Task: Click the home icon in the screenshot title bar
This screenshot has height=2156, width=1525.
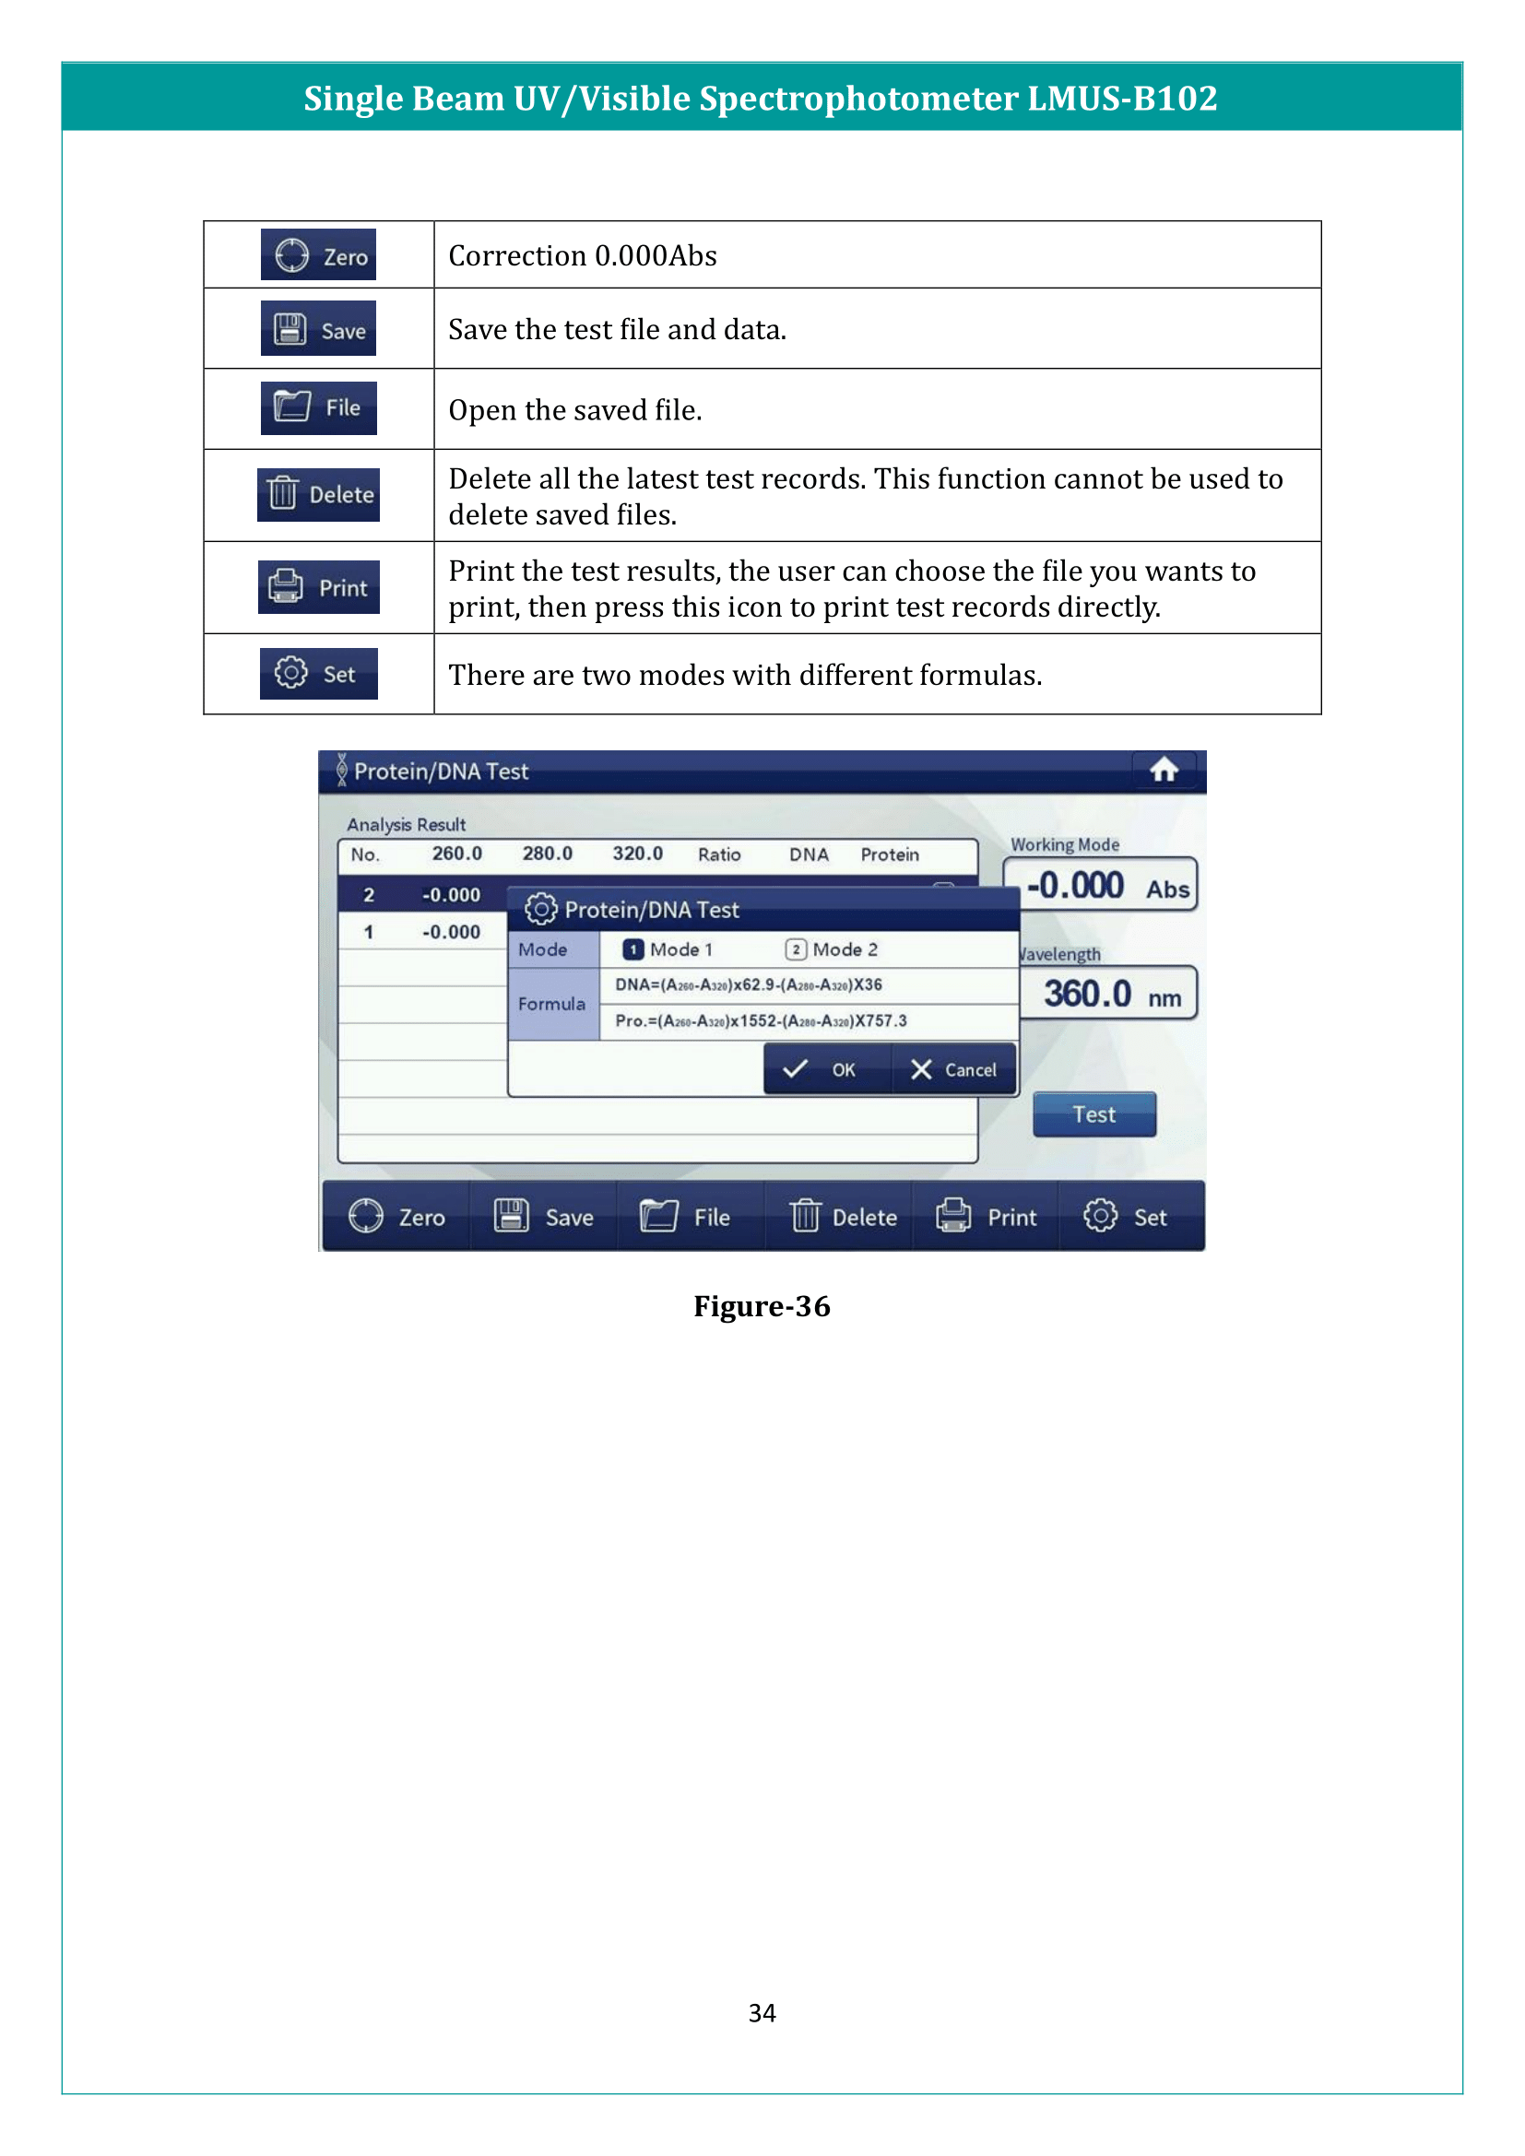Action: [1164, 770]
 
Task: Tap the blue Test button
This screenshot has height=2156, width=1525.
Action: [1094, 1114]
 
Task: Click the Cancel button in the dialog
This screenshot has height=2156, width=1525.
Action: [954, 1069]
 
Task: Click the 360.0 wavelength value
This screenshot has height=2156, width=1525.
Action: [1088, 994]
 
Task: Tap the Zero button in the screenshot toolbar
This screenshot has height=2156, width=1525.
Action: [396, 1217]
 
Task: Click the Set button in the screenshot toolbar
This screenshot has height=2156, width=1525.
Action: [1126, 1217]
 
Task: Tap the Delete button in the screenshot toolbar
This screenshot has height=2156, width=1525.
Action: [844, 1217]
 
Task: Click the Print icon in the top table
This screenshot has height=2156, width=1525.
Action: [318, 588]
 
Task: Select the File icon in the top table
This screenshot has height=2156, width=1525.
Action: [318, 408]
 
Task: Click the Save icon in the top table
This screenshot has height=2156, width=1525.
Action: [318, 329]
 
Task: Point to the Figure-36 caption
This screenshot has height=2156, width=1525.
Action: [762, 1306]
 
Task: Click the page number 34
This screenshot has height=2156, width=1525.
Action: [762, 2012]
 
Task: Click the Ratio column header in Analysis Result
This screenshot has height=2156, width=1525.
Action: [719, 854]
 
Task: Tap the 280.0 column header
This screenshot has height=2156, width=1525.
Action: [548, 854]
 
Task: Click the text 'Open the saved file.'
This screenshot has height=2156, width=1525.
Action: [574, 410]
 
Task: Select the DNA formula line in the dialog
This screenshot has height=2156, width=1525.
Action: [749, 985]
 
